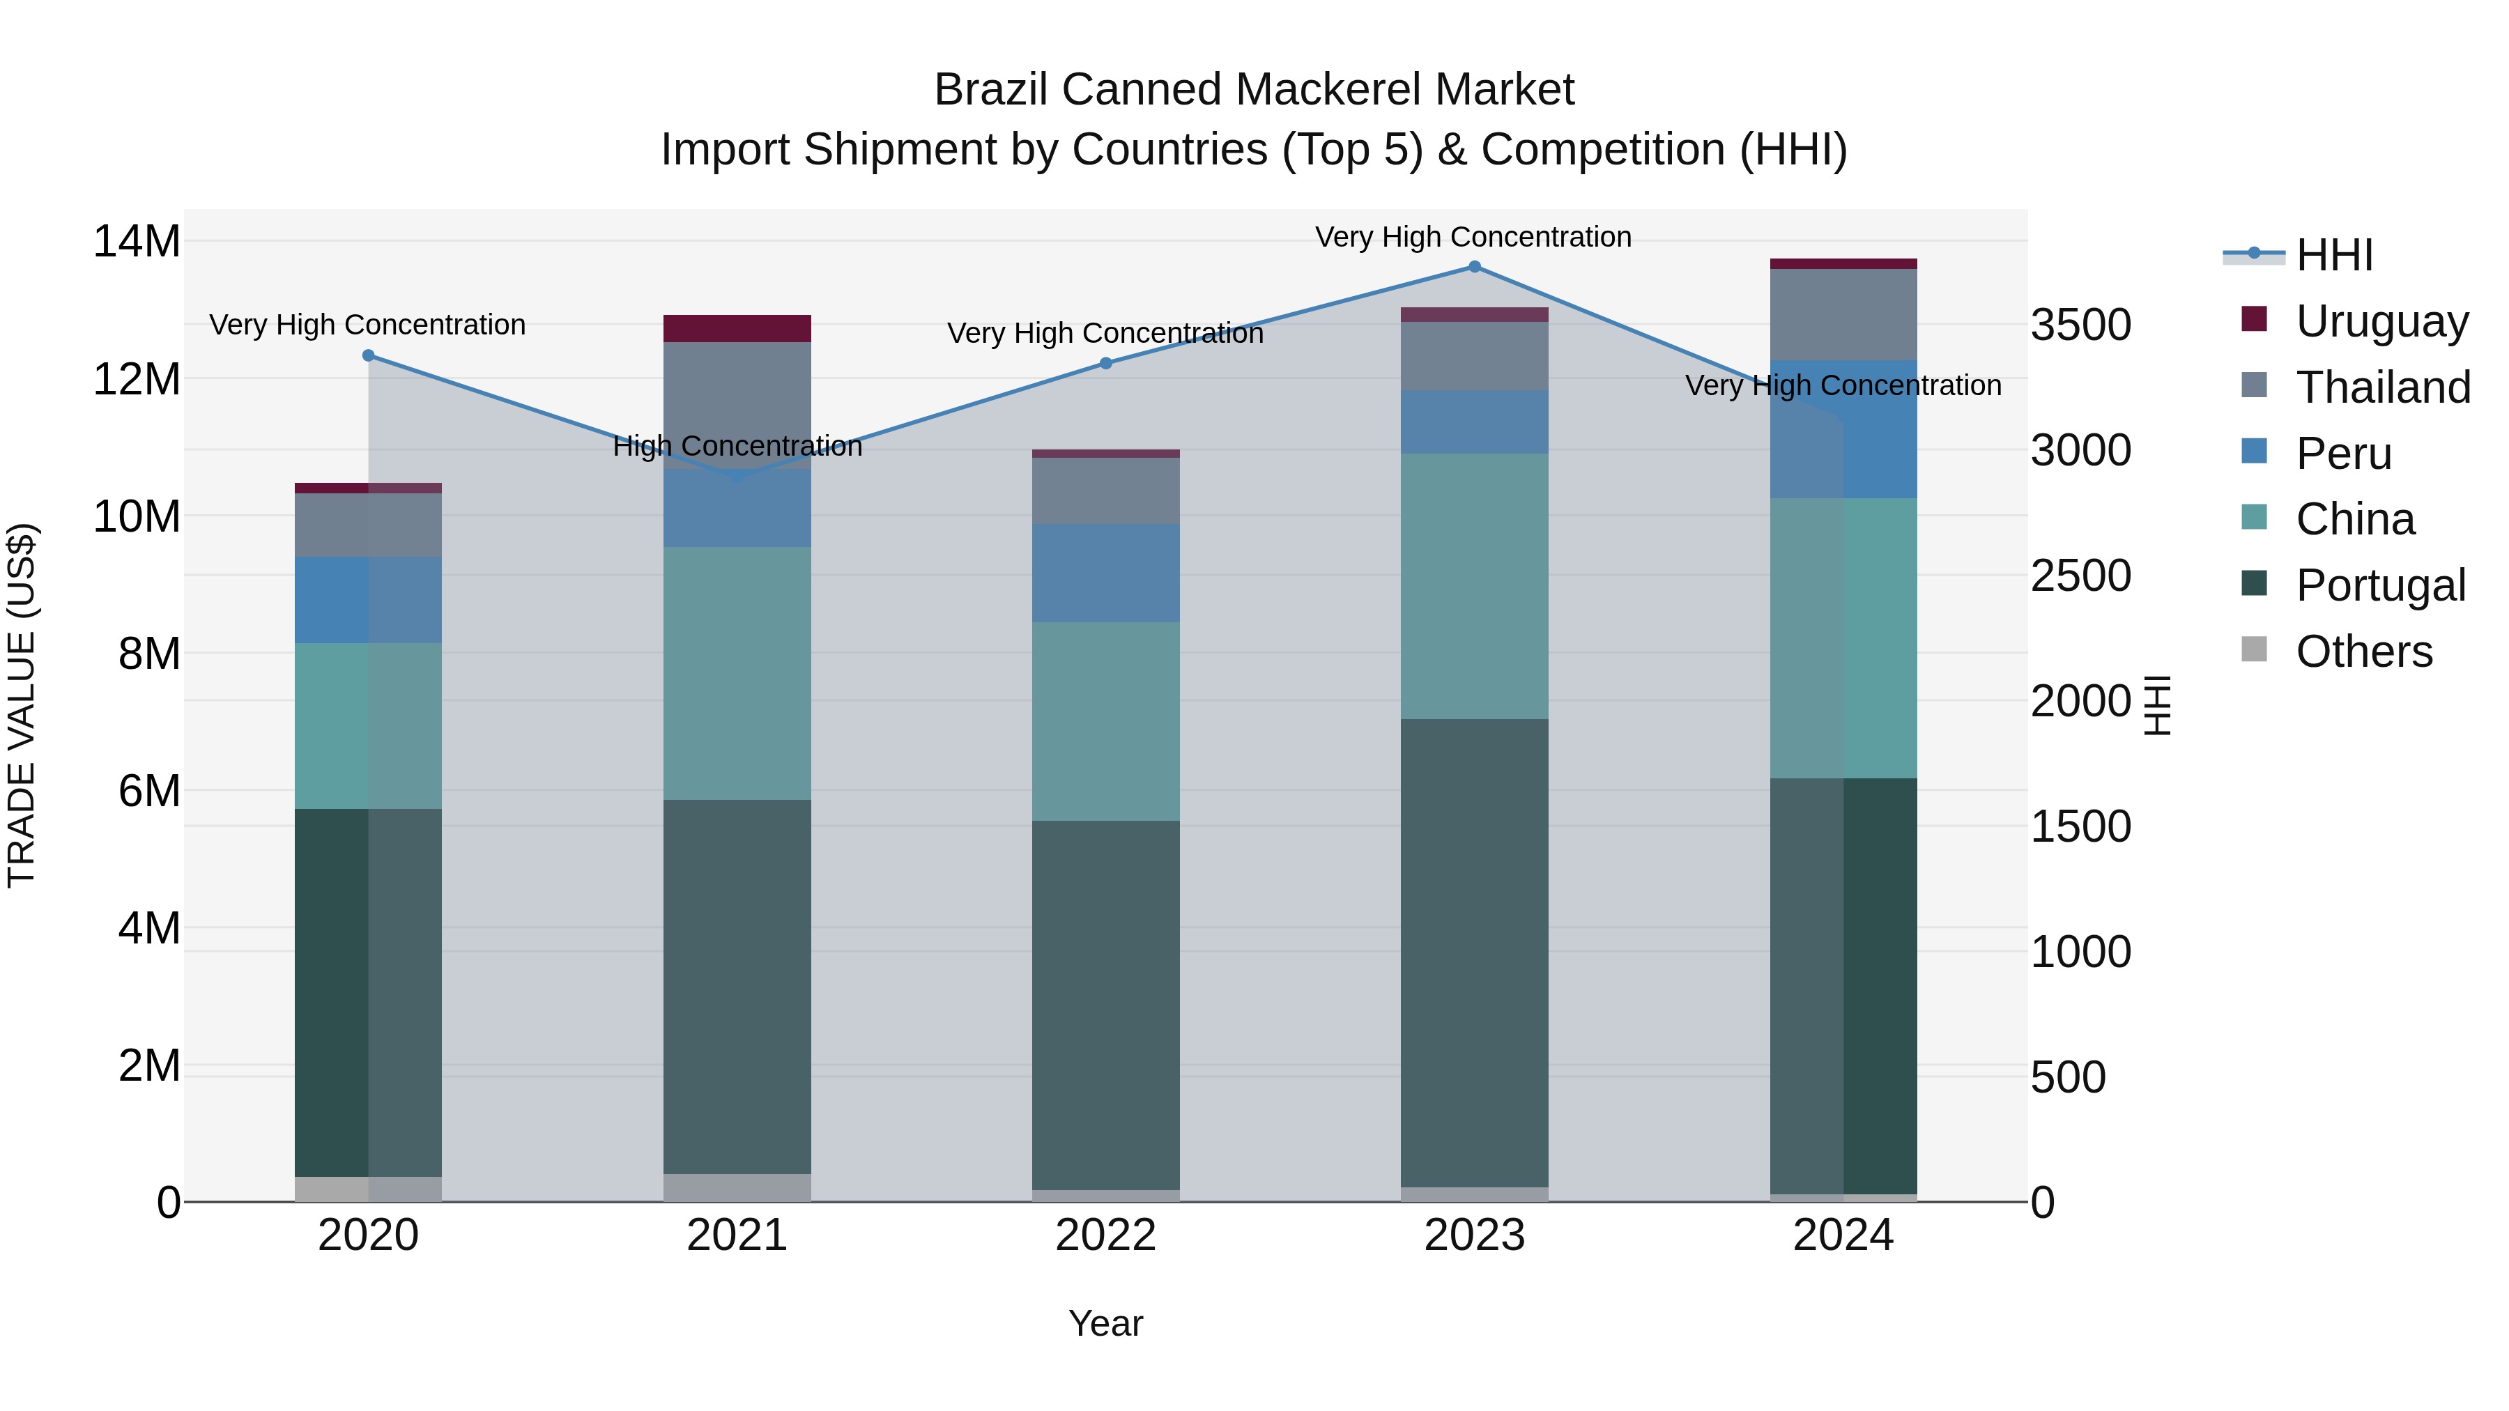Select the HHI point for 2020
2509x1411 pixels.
pyautogui.click(x=368, y=355)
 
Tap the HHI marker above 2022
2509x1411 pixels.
pyautogui.click(x=1105, y=363)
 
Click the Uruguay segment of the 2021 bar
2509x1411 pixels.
pyautogui.click(x=737, y=328)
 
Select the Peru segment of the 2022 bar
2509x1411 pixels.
pyautogui.click(x=1105, y=573)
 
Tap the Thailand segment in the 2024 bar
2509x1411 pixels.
pyautogui.click(x=1843, y=314)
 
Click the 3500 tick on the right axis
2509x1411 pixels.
pyautogui.click(x=2080, y=325)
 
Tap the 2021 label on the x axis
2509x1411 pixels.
pyautogui.click(x=737, y=1235)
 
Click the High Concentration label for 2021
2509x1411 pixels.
pyautogui.click(x=737, y=446)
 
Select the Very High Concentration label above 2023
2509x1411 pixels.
pyautogui.click(x=1473, y=237)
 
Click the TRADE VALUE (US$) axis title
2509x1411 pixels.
pyautogui.click(x=22, y=705)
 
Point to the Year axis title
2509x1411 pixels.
pyautogui.click(x=1105, y=1323)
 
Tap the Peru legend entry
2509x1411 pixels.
pyautogui.click(x=2342, y=453)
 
